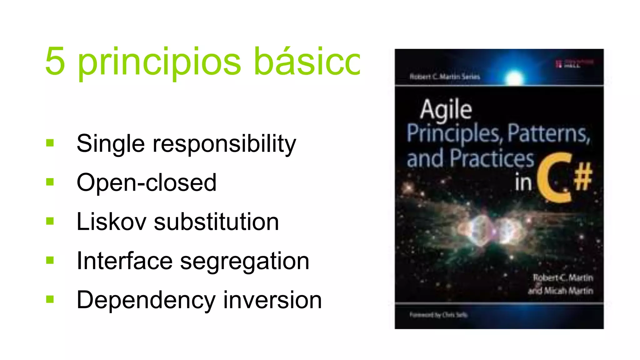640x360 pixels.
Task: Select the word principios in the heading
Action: pyautogui.click(x=159, y=62)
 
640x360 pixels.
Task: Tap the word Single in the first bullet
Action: pyautogui.click(x=111, y=144)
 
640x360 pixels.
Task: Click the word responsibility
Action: pyautogui.click(x=224, y=144)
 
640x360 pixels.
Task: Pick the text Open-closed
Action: pyautogui.click(x=146, y=182)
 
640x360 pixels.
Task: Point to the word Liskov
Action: pyautogui.click(x=111, y=222)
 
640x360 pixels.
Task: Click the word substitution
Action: pyautogui.click(x=216, y=222)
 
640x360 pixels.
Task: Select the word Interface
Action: pyautogui.click(x=124, y=261)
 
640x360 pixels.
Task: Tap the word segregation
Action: pyautogui.click(x=245, y=262)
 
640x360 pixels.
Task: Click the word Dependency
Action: pyautogui.click(x=146, y=300)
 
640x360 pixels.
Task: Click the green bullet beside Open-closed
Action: pyautogui.click(x=50, y=182)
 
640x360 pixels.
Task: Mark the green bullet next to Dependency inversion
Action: pyautogui.click(x=50, y=299)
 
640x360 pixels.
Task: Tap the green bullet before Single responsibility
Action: pyautogui.click(x=50, y=143)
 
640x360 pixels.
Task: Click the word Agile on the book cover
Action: pyautogui.click(x=446, y=110)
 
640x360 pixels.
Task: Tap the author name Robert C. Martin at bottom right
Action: pyautogui.click(x=563, y=277)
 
